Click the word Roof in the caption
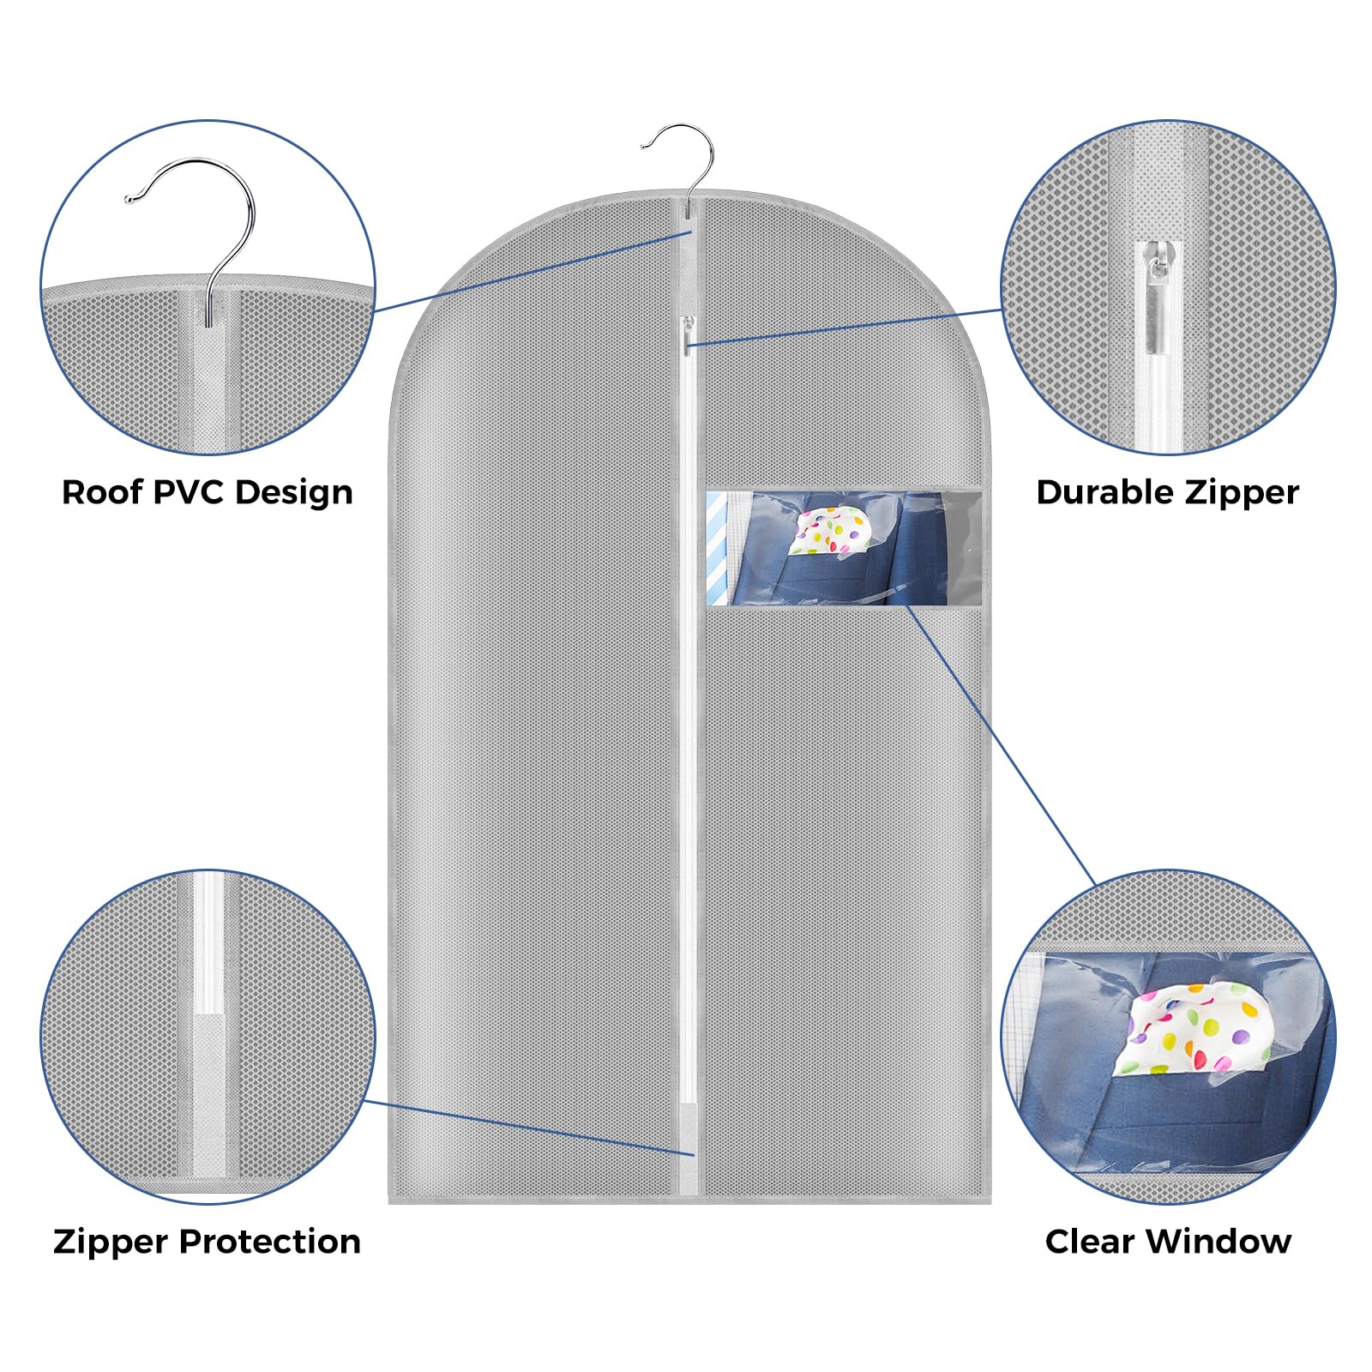(x=101, y=492)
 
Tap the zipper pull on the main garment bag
(x=687, y=334)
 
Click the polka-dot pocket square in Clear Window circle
(x=1192, y=1029)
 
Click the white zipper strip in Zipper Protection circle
(x=208, y=943)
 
